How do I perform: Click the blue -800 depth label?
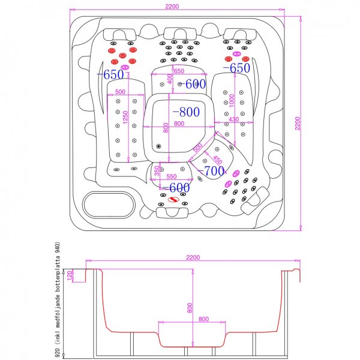coord(186,112)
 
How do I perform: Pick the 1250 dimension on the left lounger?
coord(125,118)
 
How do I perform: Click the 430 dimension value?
coord(233,121)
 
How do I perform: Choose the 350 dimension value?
coord(157,171)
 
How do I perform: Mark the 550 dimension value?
coord(171,177)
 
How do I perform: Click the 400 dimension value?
coord(170,79)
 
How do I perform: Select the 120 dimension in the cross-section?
coord(70,275)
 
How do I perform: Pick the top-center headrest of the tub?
coord(179,33)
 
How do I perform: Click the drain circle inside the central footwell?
coord(159,146)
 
